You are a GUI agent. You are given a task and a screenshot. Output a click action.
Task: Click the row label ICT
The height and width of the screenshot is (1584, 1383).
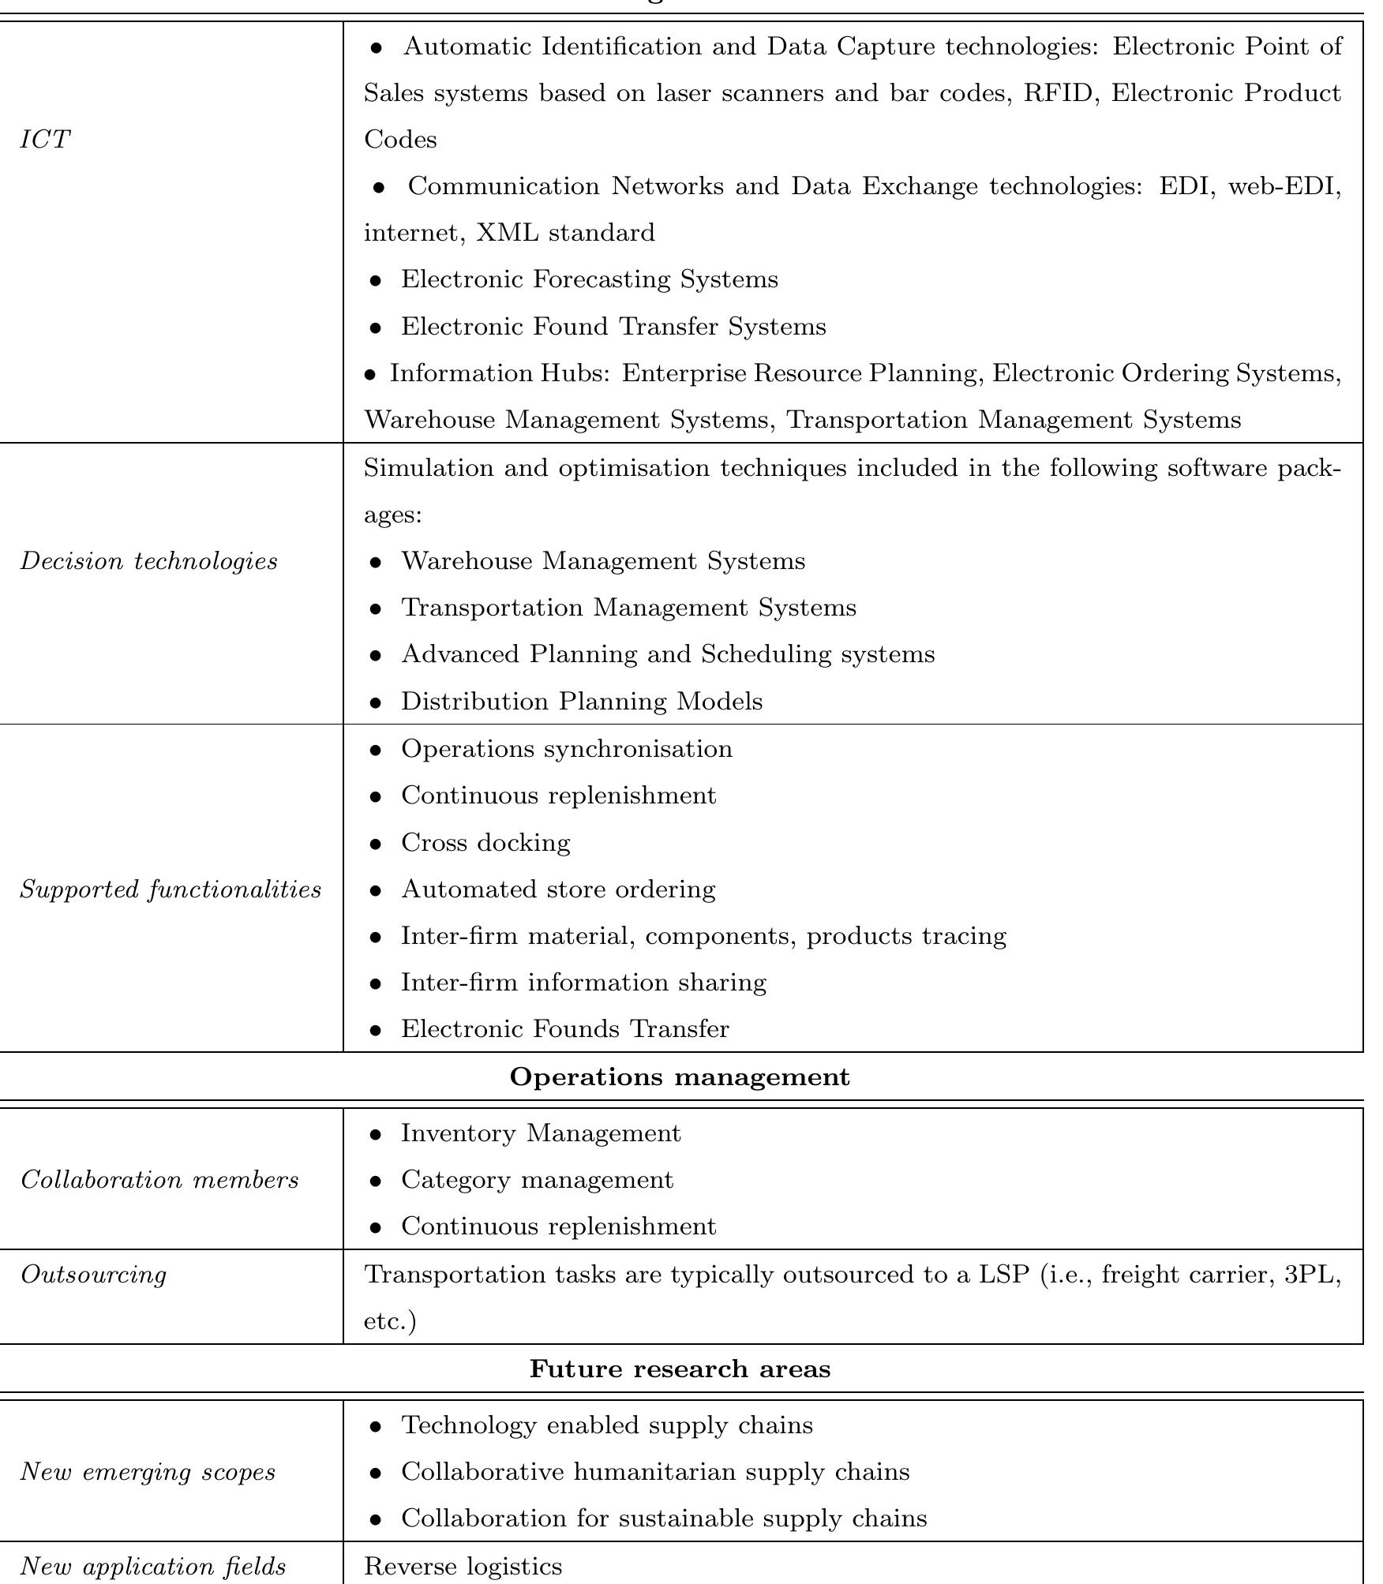[x=45, y=140]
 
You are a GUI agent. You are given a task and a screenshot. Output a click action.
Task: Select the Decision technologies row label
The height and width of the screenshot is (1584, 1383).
[x=148, y=561]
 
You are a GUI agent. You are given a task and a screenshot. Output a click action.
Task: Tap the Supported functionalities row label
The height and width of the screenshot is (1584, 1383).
[x=171, y=889]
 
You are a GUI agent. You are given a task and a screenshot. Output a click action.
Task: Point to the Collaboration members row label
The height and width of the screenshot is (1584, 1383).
[x=159, y=1180]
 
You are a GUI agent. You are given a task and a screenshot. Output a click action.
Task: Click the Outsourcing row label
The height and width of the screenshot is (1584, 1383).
[x=93, y=1275]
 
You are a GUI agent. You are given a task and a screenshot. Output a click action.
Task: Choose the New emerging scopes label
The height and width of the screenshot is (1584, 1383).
[x=148, y=1472]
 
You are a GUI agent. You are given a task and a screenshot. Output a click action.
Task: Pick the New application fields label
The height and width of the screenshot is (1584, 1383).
[x=152, y=1566]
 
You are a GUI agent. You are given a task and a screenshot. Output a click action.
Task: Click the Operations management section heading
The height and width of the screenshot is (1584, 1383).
[x=680, y=1077]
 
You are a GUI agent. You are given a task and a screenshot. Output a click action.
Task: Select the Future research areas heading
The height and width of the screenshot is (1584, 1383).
[x=680, y=1369]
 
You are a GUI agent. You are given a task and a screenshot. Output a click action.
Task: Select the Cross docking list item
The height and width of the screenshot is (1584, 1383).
[x=485, y=843]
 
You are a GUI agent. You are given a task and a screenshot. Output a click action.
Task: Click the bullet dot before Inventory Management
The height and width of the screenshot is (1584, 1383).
[x=377, y=1134]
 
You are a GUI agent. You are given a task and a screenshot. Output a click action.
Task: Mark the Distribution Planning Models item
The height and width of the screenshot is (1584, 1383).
[x=581, y=702]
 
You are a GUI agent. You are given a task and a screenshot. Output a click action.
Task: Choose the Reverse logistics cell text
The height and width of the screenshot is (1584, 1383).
[x=463, y=1566]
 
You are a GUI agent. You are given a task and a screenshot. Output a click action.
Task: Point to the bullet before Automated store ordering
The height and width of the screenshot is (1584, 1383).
[x=377, y=890]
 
